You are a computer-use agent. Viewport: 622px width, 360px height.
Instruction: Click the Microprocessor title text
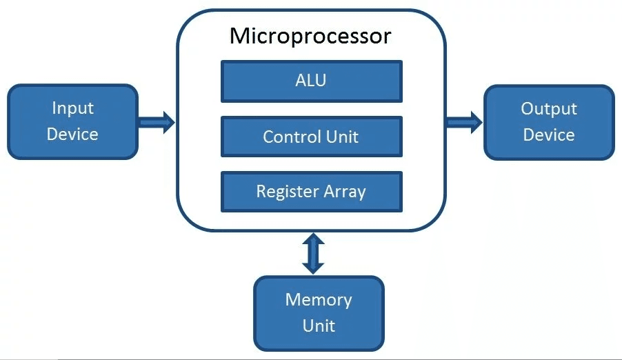[310, 37]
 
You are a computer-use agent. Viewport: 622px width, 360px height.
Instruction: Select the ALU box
[312, 81]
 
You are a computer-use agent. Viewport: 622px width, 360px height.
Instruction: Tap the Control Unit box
[312, 137]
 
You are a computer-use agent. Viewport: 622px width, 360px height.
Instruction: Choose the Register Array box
[312, 192]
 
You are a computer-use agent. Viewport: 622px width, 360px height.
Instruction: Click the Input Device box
[73, 121]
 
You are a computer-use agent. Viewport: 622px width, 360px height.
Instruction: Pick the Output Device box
[549, 122]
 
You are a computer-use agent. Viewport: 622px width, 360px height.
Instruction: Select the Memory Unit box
[319, 314]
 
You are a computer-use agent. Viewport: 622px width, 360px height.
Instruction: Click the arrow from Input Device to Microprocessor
[157, 122]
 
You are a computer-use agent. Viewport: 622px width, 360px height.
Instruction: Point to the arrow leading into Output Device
[465, 122]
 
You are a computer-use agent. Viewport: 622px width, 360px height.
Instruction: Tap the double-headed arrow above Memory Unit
[313, 253]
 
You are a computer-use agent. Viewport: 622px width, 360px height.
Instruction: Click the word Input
[73, 108]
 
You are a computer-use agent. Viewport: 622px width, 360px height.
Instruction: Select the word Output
[549, 109]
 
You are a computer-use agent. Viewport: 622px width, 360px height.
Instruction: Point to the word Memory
[319, 300]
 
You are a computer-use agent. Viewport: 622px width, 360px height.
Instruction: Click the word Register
[288, 192]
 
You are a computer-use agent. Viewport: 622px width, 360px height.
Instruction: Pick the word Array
[345, 192]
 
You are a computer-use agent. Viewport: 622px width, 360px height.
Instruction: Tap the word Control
[292, 137]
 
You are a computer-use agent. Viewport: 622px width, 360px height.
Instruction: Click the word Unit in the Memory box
[319, 326]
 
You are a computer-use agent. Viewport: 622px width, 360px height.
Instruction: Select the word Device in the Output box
[549, 135]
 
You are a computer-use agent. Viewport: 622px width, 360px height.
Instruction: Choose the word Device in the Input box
[72, 134]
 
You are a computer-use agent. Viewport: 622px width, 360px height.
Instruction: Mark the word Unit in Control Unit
[342, 137]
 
